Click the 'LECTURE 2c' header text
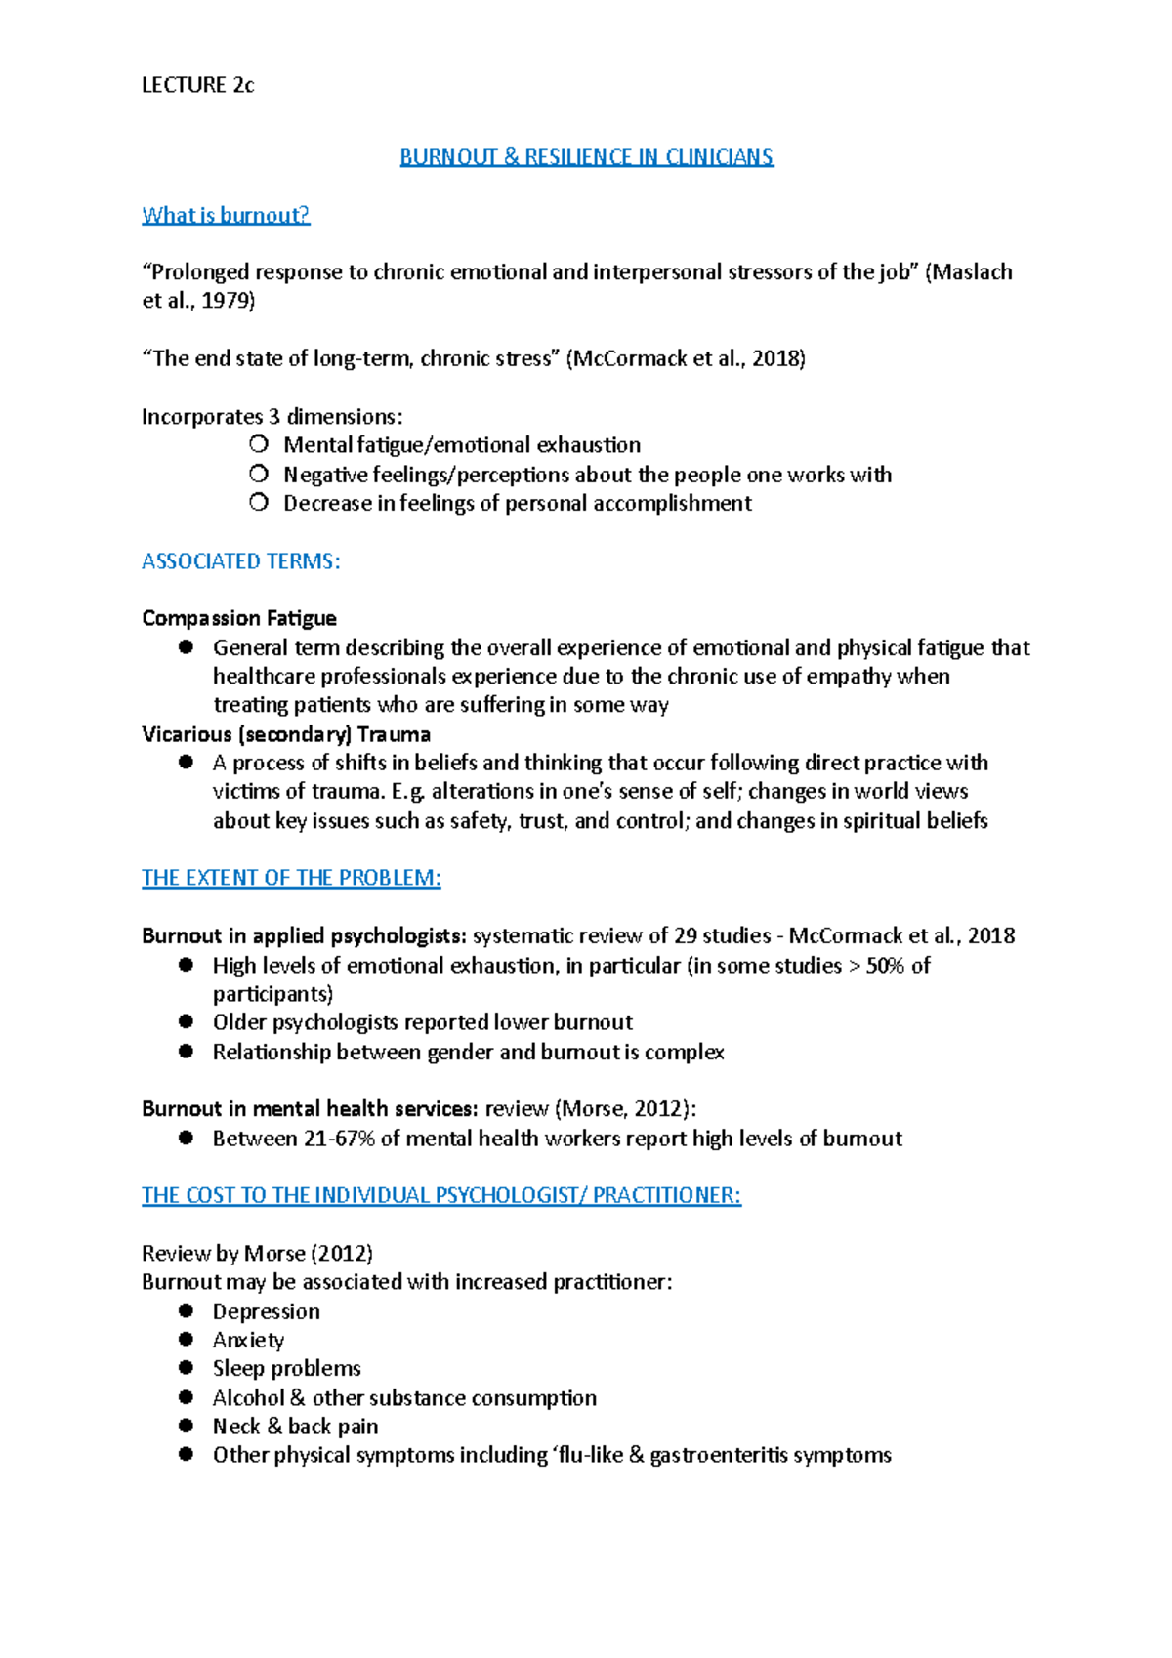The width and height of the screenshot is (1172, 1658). [x=197, y=85]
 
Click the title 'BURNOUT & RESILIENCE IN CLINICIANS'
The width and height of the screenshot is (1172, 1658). [x=586, y=157]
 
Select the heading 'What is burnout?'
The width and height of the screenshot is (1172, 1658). [x=226, y=215]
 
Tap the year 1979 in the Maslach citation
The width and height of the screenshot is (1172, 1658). [x=226, y=301]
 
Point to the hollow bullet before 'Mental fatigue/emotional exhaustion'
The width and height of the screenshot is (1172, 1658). [x=258, y=445]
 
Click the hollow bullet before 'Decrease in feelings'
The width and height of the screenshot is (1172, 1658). [x=258, y=503]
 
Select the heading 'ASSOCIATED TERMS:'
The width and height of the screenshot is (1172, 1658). [x=240, y=561]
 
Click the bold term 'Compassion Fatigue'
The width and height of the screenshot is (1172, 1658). [x=239, y=618]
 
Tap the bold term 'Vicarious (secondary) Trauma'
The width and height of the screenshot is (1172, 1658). [x=286, y=734]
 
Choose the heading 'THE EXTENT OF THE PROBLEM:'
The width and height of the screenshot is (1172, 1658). [x=291, y=878]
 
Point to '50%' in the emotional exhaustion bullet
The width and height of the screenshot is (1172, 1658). [x=886, y=965]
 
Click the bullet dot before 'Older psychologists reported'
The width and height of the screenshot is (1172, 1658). [x=187, y=1022]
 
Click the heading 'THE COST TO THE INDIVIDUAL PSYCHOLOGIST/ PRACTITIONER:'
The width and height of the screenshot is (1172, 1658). [x=441, y=1196]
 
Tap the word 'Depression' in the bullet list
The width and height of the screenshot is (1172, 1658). [x=266, y=1311]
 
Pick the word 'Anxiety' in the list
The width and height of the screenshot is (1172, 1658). [x=248, y=1341]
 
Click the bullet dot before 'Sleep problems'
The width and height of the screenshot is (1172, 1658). [x=187, y=1368]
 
